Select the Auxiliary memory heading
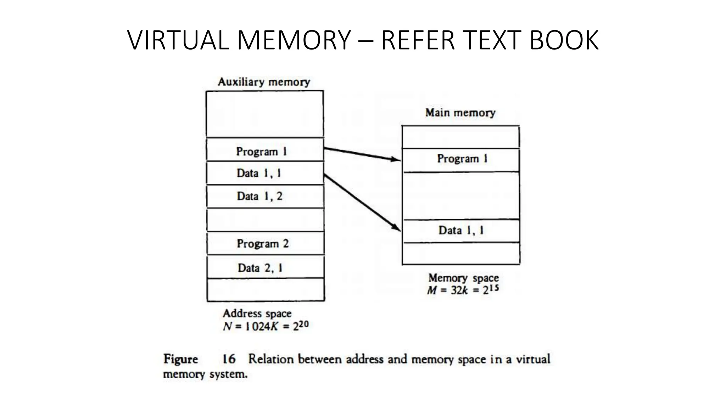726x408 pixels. point(264,82)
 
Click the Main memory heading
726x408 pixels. point(460,113)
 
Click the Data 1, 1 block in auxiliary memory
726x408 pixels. point(265,173)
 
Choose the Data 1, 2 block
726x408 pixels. point(265,196)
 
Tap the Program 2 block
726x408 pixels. point(265,244)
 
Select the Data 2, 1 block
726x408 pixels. point(265,268)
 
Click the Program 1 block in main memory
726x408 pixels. point(461,159)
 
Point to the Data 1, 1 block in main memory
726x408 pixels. point(461,231)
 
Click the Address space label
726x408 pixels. point(257,313)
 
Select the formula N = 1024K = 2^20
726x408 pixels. point(266,326)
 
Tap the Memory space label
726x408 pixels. point(463,278)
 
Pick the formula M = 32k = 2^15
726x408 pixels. point(463,290)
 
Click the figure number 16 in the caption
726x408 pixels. point(229,359)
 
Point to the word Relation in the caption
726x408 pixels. point(271,359)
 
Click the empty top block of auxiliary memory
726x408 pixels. point(265,114)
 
